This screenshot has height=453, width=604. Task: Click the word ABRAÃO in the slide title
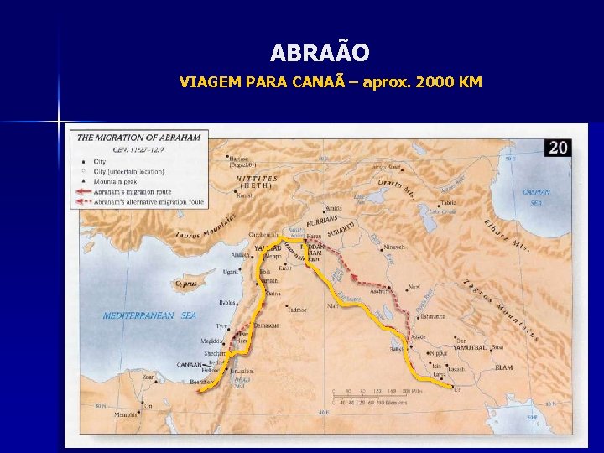(x=320, y=54)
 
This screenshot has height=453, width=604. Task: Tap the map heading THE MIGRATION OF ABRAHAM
(x=138, y=137)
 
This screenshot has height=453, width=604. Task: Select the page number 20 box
(x=558, y=148)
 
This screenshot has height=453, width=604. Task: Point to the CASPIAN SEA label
(x=536, y=196)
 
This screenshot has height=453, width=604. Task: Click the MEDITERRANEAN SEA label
(x=149, y=315)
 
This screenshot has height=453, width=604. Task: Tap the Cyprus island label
(x=186, y=284)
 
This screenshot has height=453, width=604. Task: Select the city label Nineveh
(x=397, y=247)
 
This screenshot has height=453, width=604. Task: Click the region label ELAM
(x=503, y=367)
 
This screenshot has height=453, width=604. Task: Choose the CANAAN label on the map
(x=190, y=364)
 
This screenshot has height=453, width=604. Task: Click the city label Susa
(x=497, y=346)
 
